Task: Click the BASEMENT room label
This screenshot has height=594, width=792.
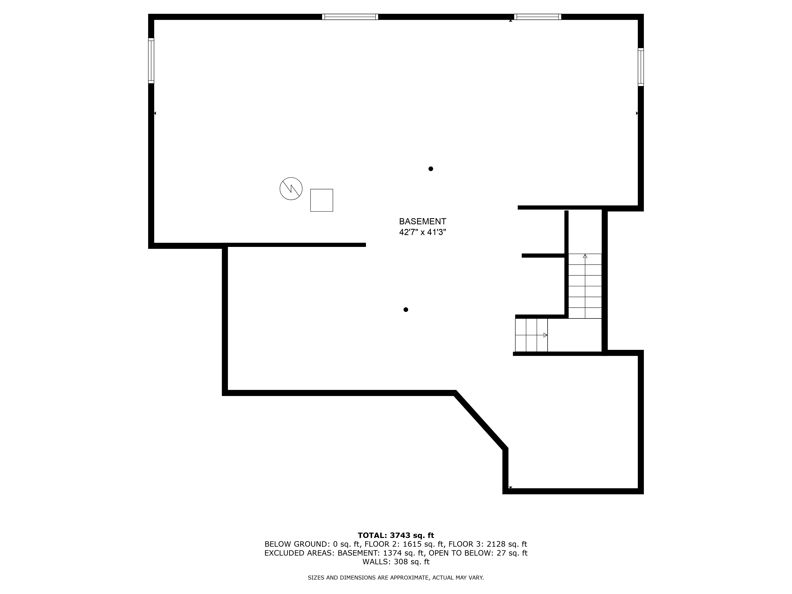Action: pyautogui.click(x=423, y=221)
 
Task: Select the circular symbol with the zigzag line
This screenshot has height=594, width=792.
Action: pyautogui.click(x=291, y=188)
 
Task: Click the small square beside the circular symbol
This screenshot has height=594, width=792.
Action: pyautogui.click(x=322, y=200)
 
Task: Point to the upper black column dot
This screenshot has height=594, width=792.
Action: pyautogui.click(x=431, y=169)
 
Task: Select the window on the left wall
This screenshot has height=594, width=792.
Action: pyautogui.click(x=151, y=61)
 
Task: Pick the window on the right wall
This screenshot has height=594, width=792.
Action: pyautogui.click(x=641, y=67)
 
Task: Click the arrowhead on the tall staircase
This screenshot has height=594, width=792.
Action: pyautogui.click(x=585, y=256)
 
